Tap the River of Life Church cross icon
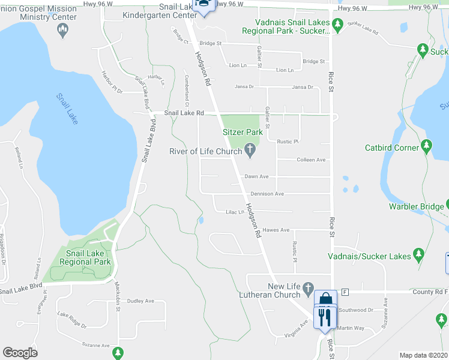click(x=250, y=152)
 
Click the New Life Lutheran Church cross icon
click(x=309, y=288)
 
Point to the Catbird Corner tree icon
click(x=426, y=145)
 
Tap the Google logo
click(x=20, y=352)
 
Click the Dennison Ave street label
click(x=267, y=194)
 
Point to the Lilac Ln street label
click(x=235, y=212)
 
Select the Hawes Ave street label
click(x=276, y=230)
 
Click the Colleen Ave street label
click(x=312, y=160)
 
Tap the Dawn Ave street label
click(x=256, y=176)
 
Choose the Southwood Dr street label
click(x=356, y=310)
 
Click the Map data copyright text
click(x=424, y=355)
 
